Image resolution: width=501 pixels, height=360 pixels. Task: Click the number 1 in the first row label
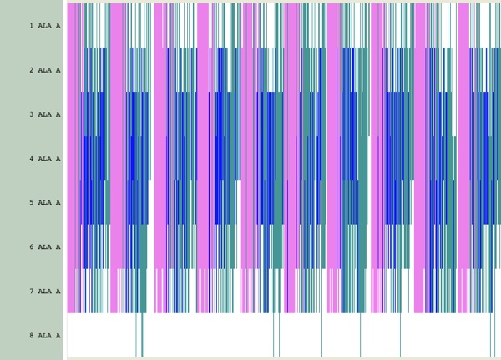(32, 26)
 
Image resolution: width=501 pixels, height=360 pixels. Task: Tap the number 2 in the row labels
(32, 70)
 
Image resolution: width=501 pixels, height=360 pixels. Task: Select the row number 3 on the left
(32, 114)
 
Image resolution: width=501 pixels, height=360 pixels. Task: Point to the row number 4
(32, 159)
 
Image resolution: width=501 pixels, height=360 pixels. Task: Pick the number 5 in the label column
(32, 203)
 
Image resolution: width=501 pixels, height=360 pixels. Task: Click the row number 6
(32, 247)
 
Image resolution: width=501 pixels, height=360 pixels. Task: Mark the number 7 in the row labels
(32, 292)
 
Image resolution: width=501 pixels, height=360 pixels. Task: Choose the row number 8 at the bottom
(32, 336)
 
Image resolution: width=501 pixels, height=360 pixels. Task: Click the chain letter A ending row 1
(58, 26)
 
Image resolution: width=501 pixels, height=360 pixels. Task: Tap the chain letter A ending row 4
(58, 159)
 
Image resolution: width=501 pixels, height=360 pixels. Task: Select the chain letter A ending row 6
(58, 247)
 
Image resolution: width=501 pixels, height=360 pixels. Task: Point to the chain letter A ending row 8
(58, 336)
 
